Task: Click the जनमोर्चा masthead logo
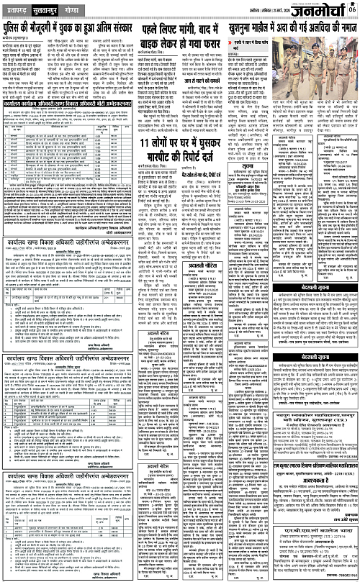tap(323, 11)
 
